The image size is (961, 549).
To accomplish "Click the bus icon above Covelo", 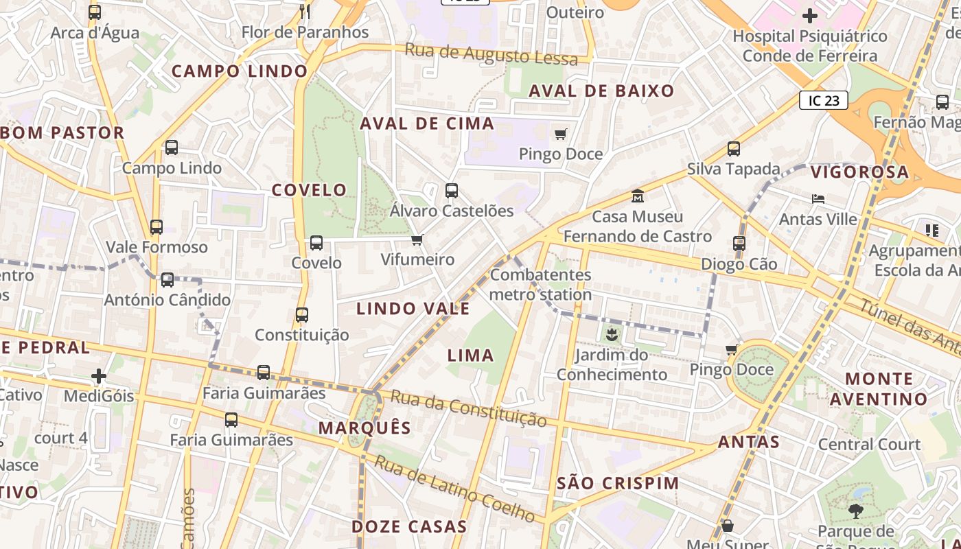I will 316,242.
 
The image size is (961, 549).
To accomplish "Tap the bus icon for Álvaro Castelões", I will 452,191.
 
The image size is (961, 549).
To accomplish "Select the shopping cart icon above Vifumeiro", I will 417,240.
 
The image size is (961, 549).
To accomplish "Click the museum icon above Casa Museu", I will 638,196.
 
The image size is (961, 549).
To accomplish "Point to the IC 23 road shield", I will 824,101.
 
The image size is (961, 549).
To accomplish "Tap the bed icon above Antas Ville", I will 818,199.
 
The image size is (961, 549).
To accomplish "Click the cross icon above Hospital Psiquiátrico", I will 810,15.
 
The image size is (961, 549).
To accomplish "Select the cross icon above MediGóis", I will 99,375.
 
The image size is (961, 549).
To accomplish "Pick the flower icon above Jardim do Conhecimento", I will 612,335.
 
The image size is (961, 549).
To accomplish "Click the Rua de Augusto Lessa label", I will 497,54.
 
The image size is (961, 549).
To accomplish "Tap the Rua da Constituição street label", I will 468,408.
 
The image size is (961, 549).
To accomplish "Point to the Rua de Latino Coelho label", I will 454,488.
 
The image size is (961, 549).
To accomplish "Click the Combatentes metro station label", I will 541,285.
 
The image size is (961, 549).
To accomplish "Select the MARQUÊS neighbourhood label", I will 364,428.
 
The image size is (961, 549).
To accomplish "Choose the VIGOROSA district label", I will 859,172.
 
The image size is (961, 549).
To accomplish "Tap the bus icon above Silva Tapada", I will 734,148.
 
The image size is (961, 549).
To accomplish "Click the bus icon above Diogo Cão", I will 739,243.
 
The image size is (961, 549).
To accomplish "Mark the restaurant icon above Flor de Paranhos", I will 305,12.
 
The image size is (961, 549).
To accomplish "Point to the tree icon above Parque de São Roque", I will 855,511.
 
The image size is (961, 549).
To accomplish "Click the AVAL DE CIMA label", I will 427,124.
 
